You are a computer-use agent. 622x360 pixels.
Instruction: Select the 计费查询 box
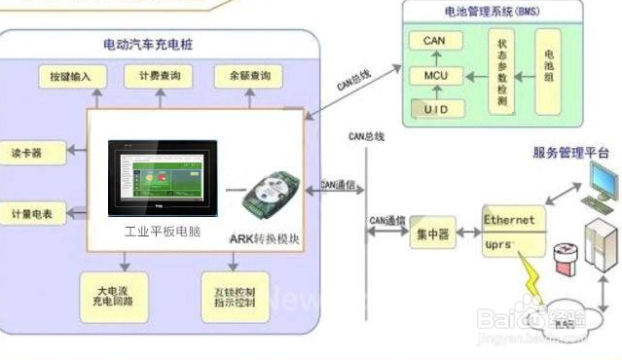tap(158, 76)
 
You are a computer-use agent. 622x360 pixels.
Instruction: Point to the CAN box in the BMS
tap(435, 41)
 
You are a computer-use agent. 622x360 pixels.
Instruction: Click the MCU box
tap(435, 75)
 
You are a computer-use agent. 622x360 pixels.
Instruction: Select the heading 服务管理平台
tap(570, 153)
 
